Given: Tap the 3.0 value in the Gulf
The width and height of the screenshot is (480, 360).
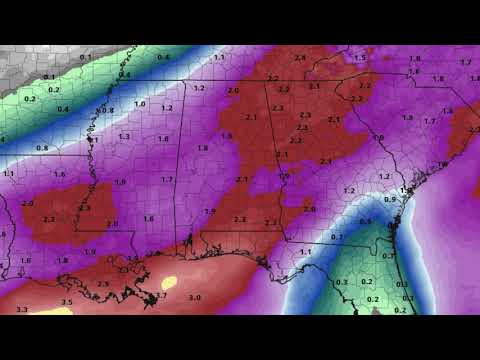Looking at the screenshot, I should [195, 297].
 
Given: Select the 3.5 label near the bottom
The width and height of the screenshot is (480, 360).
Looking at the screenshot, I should [67, 302].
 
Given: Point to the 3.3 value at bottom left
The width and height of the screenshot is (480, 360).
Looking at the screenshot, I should [21, 310].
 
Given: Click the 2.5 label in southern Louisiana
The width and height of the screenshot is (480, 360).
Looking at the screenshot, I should [102, 284].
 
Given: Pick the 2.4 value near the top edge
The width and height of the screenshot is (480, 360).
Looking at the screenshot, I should [300, 58].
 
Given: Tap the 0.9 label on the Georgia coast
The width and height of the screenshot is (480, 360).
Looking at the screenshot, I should [390, 199].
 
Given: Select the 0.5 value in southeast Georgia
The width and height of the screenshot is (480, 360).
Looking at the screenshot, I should [365, 221].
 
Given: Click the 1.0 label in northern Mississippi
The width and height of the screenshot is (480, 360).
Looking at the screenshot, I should [139, 103].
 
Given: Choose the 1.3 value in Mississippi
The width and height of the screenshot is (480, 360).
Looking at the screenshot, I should [124, 136].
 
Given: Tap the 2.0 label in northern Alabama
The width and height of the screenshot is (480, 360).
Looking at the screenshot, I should [233, 91].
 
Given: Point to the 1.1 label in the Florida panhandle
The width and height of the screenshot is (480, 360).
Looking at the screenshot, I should [305, 252].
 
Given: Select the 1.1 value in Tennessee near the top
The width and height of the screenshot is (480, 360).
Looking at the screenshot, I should [219, 58].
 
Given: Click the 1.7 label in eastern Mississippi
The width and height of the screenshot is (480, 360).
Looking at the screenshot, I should [167, 179].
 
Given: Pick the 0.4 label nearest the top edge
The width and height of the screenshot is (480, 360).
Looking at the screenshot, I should [124, 75].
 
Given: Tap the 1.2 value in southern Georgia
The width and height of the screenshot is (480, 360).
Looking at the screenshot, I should [349, 189].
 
